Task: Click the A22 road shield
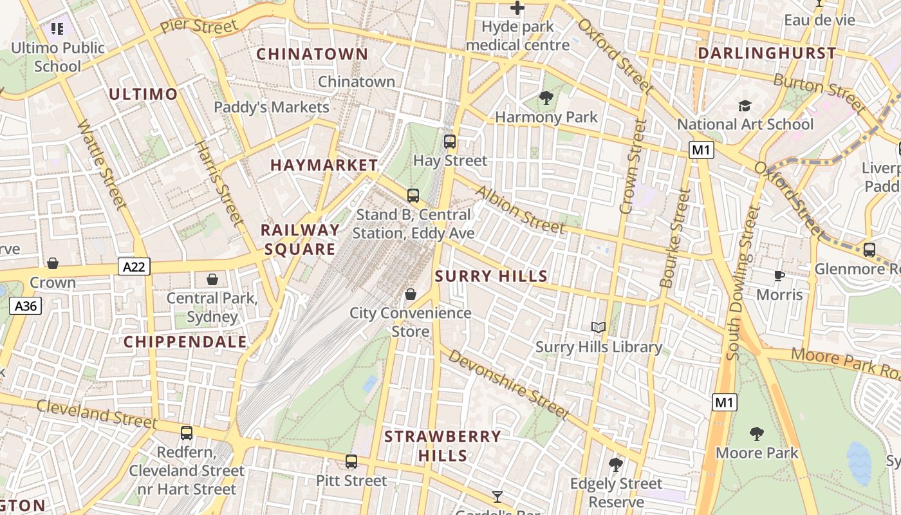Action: pos(134,267)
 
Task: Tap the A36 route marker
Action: pos(26,306)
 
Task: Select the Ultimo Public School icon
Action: pos(57,29)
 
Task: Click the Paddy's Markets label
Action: pos(271,107)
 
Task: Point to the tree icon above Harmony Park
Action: pos(546,98)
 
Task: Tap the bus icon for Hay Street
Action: pos(450,141)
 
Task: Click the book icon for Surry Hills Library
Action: pos(599,328)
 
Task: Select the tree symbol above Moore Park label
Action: pos(757,433)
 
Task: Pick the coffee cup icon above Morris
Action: pos(779,276)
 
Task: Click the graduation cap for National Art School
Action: pos(745,105)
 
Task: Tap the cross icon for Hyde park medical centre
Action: pos(517,8)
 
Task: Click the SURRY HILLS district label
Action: pos(491,277)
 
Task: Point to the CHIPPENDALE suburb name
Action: pos(185,342)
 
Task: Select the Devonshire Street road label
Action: pos(508,384)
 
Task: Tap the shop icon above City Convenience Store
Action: pos(410,294)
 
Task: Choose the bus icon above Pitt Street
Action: pos(351,461)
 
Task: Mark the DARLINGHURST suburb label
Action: pos(766,53)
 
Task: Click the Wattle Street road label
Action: pos(101,164)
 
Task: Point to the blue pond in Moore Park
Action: pos(859,462)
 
